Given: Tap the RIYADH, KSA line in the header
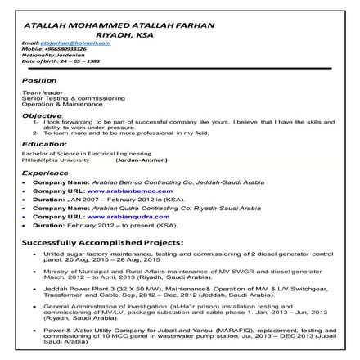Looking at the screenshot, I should point(119,34).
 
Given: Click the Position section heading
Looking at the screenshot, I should point(39,81).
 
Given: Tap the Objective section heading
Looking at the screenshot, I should point(42,115).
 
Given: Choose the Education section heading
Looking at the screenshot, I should point(44,144).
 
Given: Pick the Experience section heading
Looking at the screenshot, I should point(45,173).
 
